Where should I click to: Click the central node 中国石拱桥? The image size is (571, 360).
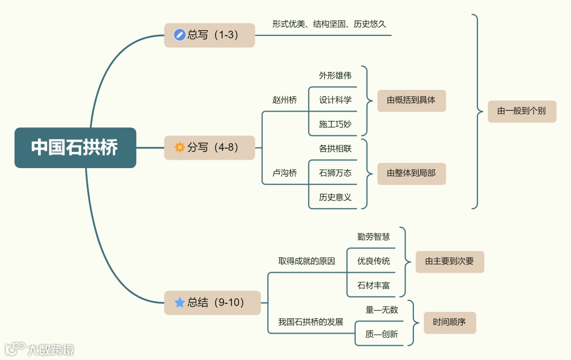pos(75,147)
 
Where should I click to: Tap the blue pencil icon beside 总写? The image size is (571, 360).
pos(180,35)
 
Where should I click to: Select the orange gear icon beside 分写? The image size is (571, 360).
pos(180,147)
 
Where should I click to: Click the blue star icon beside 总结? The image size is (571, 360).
pos(180,302)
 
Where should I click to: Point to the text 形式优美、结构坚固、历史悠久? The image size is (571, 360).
pos(329,24)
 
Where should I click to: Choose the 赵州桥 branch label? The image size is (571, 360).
pos(284,100)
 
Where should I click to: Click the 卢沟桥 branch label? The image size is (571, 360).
pos(284,173)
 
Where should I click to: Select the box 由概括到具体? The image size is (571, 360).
pos(411,100)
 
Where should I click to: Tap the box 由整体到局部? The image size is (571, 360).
pos(411,173)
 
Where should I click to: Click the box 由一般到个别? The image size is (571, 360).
pos(522,111)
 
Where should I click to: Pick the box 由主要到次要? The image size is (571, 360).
pos(449,262)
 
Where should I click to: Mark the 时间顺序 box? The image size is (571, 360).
pos(449,322)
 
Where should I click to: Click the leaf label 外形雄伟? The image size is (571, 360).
pos(335,76)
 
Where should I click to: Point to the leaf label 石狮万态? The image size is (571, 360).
pos(335,173)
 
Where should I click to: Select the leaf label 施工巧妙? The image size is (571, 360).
pos(335,124)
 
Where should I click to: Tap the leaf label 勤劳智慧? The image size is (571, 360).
pos(374,237)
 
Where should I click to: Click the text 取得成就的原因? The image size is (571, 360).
pos(307,261)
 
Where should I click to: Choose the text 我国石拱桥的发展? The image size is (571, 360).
pos(311,322)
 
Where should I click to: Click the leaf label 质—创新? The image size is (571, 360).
pos(382,334)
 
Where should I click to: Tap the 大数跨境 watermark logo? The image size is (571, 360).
pos(40,349)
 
